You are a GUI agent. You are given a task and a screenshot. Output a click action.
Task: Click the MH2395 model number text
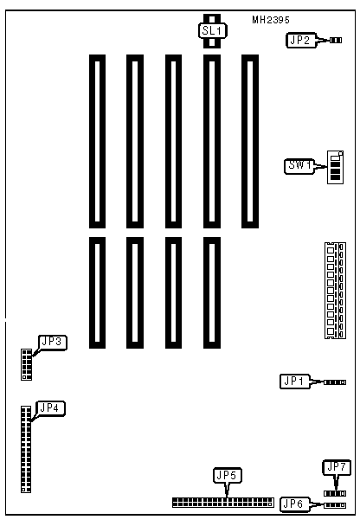point(270,20)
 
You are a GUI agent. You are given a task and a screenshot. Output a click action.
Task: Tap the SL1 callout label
point(212,31)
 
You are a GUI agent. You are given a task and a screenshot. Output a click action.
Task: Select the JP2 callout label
point(301,41)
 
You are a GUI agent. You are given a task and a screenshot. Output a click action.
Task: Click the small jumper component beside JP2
point(336,41)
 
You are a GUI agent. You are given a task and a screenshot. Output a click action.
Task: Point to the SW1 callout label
point(299,166)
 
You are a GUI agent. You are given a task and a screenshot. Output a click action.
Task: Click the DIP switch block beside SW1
point(335,167)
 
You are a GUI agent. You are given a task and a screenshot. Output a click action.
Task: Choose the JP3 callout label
point(53,343)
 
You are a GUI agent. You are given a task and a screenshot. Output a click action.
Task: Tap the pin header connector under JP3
point(27,364)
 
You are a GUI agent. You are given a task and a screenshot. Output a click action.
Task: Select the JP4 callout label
point(50,408)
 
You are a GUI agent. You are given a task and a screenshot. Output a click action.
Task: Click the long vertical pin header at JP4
point(26,449)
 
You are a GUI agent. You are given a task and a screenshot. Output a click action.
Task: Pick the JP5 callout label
point(228,475)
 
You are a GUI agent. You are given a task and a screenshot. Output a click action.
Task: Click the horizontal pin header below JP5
point(223,503)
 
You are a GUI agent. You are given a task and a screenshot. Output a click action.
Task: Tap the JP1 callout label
point(294,382)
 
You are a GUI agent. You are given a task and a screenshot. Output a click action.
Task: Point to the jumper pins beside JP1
point(335,382)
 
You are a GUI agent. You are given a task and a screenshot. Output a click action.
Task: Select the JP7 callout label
point(337,467)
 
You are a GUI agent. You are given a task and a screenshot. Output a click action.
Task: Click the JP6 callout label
point(294,504)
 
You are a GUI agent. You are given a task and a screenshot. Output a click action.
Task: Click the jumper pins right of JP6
point(335,505)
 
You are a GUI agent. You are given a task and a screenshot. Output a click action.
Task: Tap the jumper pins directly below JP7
point(335,493)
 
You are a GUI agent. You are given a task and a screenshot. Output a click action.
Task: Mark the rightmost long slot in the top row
point(250,141)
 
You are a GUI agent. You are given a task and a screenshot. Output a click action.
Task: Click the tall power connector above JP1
point(335,290)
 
